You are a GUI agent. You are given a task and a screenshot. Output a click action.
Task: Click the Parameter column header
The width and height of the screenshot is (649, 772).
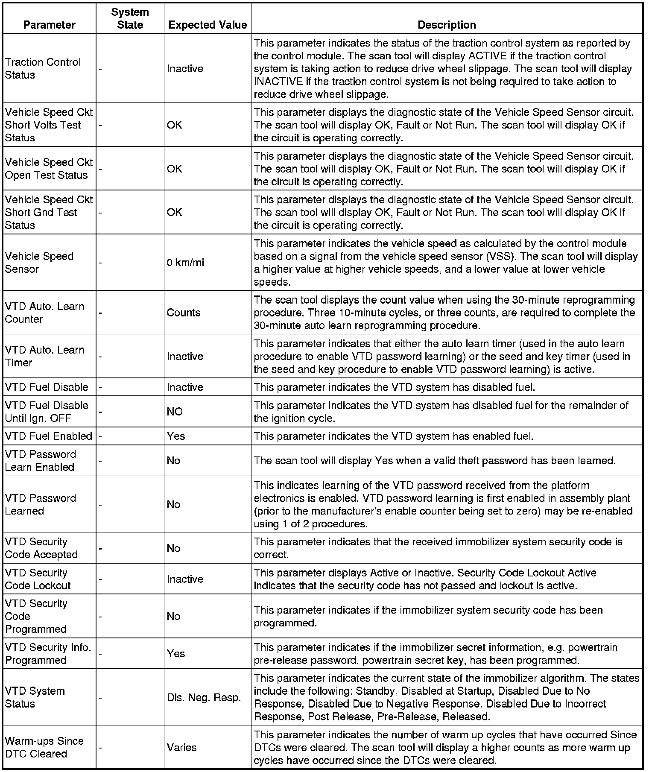click(x=49, y=25)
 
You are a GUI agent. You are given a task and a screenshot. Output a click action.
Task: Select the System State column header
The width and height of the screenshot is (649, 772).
click(x=130, y=18)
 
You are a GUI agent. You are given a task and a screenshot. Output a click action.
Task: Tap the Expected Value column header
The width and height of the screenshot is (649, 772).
click(x=208, y=25)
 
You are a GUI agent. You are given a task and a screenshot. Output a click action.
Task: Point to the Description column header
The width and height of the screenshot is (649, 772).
click(x=447, y=25)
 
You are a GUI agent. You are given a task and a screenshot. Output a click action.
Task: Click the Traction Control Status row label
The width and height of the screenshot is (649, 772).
click(x=43, y=68)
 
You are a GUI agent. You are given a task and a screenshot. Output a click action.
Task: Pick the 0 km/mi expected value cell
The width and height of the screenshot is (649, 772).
click(x=185, y=263)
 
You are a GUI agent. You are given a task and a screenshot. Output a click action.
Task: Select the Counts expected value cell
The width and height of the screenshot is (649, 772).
click(x=184, y=313)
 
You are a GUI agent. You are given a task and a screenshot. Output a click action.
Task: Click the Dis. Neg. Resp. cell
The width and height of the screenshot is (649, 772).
click(x=204, y=698)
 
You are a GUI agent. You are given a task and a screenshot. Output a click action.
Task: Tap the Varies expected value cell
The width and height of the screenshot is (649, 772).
click(x=182, y=747)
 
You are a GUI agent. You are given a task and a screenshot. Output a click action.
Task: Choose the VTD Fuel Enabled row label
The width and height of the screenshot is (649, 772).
click(x=49, y=436)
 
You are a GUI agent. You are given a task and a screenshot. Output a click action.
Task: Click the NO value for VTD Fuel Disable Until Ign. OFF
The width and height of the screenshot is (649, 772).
click(x=175, y=412)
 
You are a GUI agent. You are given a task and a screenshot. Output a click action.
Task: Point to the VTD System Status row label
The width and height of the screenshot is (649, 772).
click(x=35, y=697)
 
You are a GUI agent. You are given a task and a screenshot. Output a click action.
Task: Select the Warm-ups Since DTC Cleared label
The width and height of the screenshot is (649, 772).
click(x=44, y=747)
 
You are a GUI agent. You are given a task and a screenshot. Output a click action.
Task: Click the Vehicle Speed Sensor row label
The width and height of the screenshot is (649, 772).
click(x=39, y=263)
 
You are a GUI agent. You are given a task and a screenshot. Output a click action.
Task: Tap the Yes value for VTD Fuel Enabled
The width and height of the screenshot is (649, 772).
click(x=176, y=436)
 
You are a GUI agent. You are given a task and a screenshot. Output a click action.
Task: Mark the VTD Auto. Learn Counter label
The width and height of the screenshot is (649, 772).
click(x=44, y=313)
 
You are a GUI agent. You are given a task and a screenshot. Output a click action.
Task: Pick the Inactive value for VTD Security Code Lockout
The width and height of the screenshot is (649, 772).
click(x=185, y=579)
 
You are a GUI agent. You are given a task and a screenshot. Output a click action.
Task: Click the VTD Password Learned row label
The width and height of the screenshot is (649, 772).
click(x=40, y=504)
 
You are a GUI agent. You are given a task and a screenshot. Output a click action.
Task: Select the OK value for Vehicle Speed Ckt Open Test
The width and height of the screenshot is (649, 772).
click(x=174, y=169)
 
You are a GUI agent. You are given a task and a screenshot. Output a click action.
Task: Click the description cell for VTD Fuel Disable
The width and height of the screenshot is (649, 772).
click(x=394, y=387)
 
